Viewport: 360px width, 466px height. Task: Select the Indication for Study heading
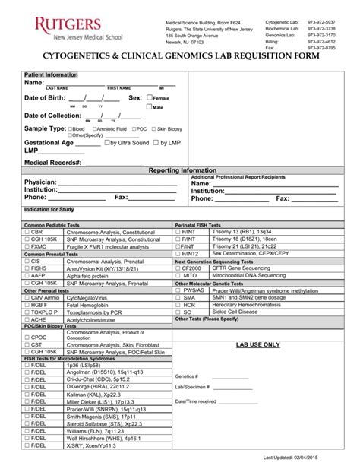[49, 208]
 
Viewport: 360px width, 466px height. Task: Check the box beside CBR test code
[27, 233]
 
